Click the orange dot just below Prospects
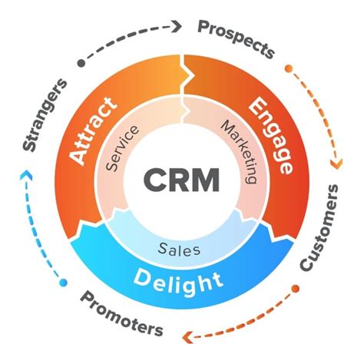289,68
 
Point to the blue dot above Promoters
63,284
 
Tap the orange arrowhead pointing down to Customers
335,163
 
